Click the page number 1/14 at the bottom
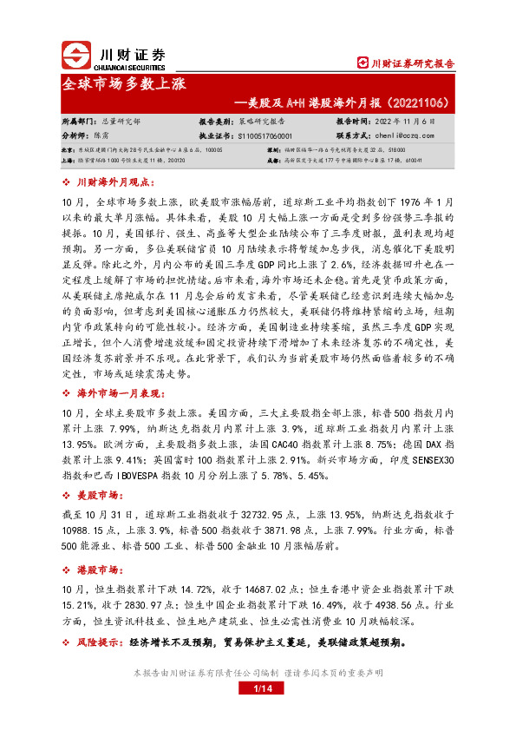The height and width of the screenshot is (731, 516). [x=258, y=688]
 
